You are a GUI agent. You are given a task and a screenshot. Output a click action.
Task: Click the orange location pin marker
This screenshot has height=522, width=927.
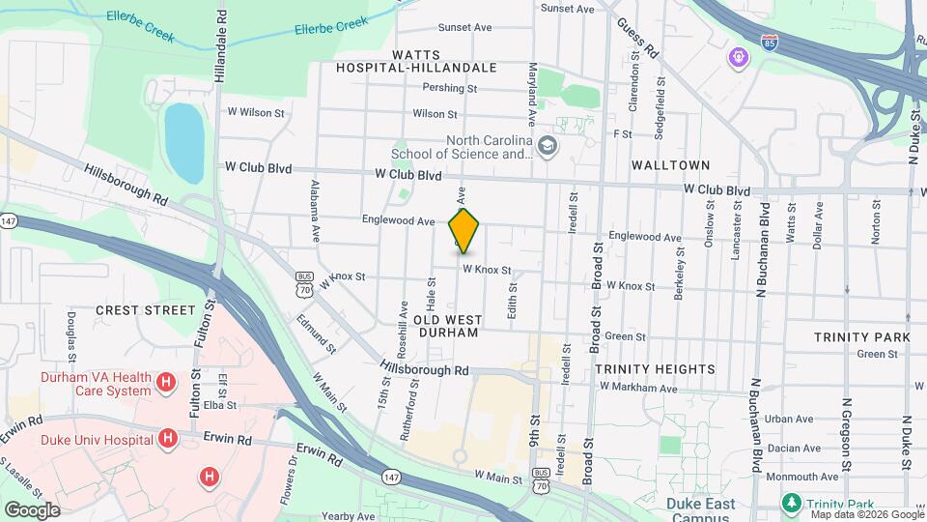point(464,230)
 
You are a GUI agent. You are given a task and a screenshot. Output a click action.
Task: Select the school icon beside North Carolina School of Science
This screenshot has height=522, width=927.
point(548,147)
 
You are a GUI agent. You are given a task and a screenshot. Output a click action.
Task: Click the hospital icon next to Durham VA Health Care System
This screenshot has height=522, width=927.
point(167,384)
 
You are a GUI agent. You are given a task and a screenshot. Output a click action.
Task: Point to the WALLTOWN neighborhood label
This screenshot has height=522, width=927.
point(670,165)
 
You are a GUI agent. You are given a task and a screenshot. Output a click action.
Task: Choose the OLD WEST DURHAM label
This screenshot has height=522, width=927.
point(446,325)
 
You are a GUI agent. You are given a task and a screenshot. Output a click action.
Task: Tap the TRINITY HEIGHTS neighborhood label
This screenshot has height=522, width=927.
point(655,369)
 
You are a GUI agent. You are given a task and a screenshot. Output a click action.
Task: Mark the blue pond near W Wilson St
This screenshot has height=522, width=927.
point(184,143)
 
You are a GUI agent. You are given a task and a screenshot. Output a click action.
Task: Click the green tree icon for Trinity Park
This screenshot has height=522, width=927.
point(791,504)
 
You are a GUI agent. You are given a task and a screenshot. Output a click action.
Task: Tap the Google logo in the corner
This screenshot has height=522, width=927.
point(32,509)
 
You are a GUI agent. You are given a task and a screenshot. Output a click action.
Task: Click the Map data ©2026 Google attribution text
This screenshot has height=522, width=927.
point(866,514)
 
